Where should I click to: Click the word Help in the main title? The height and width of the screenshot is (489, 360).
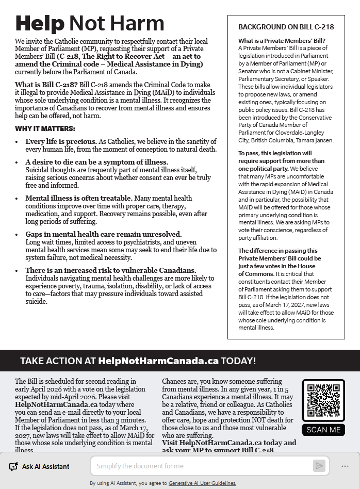pyautogui.click(x=40, y=23)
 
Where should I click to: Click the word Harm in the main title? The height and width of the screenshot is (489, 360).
pyautogui.click(x=139, y=23)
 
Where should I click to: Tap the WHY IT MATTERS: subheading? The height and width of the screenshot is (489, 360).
pyautogui.click(x=45, y=128)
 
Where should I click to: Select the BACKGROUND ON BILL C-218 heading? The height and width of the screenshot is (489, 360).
pyautogui.click(x=286, y=27)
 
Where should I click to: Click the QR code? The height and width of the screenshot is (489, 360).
pyautogui.click(x=323, y=401)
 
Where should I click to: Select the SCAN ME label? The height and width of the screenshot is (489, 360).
pyautogui.click(x=323, y=430)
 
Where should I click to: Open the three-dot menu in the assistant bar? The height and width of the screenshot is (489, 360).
pyautogui.click(x=345, y=466)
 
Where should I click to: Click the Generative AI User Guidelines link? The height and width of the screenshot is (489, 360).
pyautogui.click(x=202, y=483)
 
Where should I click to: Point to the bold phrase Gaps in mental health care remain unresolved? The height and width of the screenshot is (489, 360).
pyautogui.click(x=103, y=234)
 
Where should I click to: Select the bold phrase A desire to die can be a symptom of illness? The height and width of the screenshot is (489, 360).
pyautogui.click(x=97, y=162)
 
